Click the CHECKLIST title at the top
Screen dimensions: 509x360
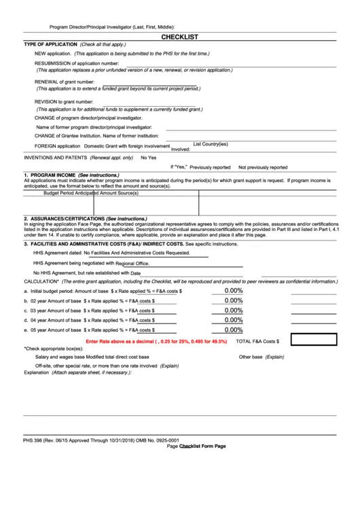[179, 37]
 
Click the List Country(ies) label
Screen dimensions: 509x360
[211, 144]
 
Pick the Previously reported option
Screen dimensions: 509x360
[210, 167]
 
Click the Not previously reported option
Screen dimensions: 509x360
[262, 167]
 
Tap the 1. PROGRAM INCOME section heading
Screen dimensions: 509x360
[50, 175]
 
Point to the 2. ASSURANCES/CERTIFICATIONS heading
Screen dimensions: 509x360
[65, 218]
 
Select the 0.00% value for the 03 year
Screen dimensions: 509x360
[234, 310]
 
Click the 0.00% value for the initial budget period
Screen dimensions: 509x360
[234, 290]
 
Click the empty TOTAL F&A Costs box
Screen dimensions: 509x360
[314, 339]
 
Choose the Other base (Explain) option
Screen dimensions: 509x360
[262, 357]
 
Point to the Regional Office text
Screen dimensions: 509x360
[132, 263]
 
